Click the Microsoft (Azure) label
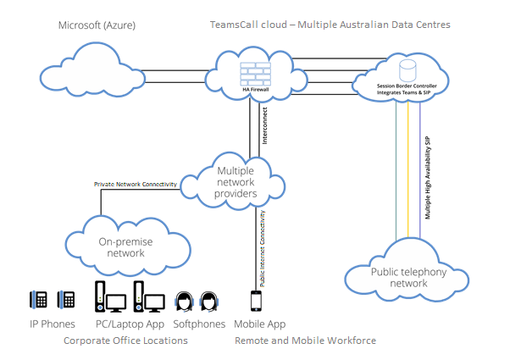coord(96,25)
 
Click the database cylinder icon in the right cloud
coord(408,66)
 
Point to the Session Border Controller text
coord(412,85)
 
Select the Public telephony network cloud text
coord(408,277)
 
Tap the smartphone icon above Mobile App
coord(257,302)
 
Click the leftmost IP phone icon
coord(38,301)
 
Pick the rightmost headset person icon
coord(209,302)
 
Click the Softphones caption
coord(198,324)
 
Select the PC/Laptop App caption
coord(129,324)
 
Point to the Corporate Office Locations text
coord(125,341)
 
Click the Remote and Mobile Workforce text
coord(304,341)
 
